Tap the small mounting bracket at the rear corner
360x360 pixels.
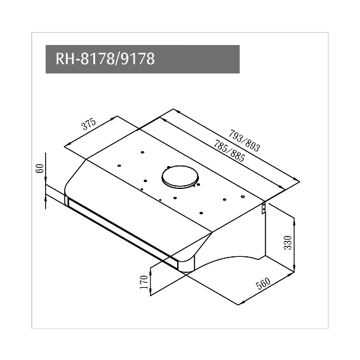pos(263,207)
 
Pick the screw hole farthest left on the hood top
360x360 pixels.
pos(120,166)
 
